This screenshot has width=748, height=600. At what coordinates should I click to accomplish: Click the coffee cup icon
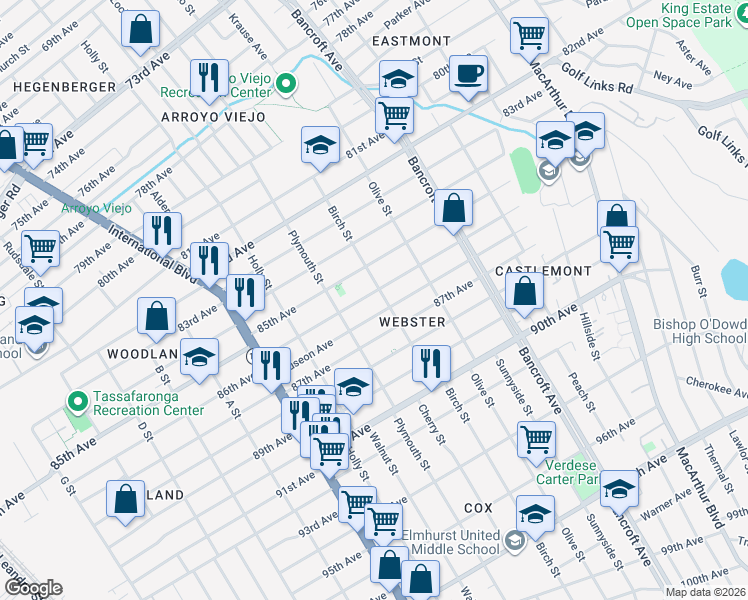(468, 72)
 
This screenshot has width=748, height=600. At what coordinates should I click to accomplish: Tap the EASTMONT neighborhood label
(410, 41)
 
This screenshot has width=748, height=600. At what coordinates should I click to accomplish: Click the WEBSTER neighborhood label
(411, 321)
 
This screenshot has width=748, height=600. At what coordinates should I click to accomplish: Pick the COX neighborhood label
(479, 509)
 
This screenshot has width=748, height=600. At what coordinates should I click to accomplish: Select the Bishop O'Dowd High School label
(699, 331)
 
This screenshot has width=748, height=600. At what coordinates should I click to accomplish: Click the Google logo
(32, 588)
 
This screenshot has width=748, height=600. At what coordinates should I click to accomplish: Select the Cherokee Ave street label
(716, 382)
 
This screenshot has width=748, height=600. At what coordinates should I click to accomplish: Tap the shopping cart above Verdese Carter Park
(536, 438)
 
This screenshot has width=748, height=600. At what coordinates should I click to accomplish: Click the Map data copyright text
(705, 592)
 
